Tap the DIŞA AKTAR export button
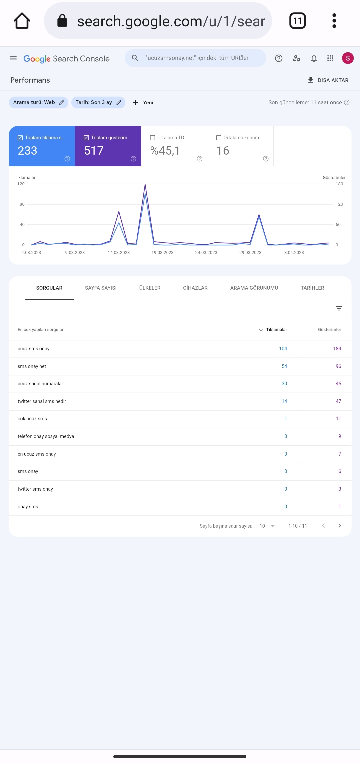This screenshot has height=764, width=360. click(328, 80)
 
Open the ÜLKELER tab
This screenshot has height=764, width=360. click(150, 288)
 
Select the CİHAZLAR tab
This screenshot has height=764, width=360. click(195, 288)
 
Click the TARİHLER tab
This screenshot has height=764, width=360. click(312, 288)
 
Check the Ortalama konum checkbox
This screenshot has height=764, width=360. click(219, 138)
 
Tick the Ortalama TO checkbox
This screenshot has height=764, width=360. click(153, 138)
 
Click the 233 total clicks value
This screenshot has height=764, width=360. click(27, 151)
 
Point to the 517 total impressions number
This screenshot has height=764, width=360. click(94, 151)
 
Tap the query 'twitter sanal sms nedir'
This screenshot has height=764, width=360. click(42, 401)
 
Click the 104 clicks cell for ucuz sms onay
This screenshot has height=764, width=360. click(283, 349)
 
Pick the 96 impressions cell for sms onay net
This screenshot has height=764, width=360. click(338, 366)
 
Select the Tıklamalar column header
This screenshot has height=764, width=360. click(276, 330)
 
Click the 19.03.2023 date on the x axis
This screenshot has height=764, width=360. click(162, 253)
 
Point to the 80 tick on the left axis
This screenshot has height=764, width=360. click(22, 204)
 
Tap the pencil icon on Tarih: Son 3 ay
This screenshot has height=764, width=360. click(119, 102)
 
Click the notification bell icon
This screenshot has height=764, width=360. click(314, 58)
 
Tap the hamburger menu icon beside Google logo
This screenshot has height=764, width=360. click(13, 58)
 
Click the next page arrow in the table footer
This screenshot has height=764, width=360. click(340, 526)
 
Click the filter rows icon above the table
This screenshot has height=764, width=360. click(339, 308)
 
